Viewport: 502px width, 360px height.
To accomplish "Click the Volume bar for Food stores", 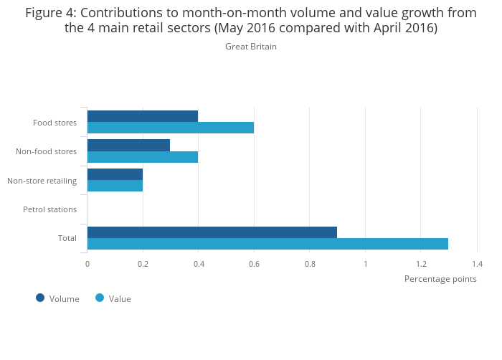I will click(143, 116).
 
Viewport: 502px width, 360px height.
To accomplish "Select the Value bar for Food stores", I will click(171, 128).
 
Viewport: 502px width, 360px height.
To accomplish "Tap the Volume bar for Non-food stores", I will click(128, 145).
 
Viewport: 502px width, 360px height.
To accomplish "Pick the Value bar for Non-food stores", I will click(143, 157).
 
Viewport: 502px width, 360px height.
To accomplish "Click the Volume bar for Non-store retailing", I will click(115, 174).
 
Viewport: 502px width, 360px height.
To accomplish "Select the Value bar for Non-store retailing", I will click(115, 186).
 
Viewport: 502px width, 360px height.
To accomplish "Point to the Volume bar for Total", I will click(212, 232).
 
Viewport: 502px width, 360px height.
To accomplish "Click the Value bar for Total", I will click(267, 244).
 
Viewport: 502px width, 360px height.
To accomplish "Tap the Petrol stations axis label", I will click(49, 209).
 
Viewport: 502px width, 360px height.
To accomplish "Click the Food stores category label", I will click(55, 123).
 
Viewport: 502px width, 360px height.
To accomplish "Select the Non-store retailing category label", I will click(42, 181).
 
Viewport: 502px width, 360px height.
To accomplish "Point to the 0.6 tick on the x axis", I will click(254, 264).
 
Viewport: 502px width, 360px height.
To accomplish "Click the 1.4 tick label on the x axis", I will click(477, 264).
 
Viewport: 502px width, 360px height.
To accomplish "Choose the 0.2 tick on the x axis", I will click(143, 264).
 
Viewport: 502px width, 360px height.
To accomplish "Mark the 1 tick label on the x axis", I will click(365, 264).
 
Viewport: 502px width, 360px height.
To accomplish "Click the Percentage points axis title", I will click(440, 279).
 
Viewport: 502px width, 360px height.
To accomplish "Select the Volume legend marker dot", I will click(40, 298).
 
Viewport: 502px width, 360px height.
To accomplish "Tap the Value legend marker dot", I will click(100, 298).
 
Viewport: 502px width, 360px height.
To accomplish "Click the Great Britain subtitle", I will click(250, 47).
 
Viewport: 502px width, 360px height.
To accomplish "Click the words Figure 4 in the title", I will click(54, 13).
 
